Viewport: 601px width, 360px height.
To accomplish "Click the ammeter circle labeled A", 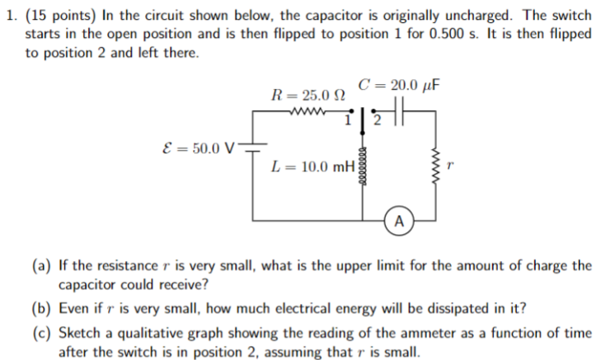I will (x=399, y=221).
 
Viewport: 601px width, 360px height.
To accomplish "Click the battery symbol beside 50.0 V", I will (x=252, y=148).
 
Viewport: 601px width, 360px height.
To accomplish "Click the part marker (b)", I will (x=40, y=308).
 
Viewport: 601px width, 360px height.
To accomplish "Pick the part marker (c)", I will (x=40, y=333).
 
